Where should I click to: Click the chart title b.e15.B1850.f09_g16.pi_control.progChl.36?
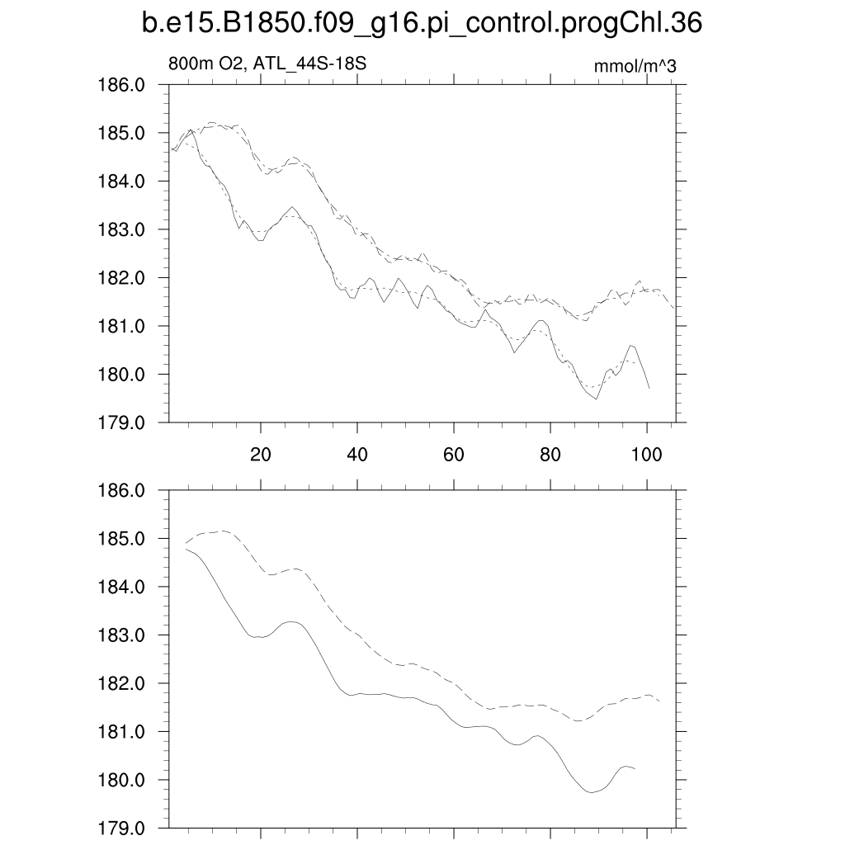[x=422, y=25]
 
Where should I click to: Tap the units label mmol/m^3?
[x=635, y=66]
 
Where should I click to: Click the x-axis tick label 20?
[x=261, y=454]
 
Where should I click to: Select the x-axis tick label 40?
[x=357, y=454]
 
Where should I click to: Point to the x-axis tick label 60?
[x=454, y=454]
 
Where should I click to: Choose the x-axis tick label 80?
[x=550, y=454]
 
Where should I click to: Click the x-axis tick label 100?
[x=646, y=454]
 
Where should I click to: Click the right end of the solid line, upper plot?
[x=649, y=388]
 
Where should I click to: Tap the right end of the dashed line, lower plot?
[x=660, y=701]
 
